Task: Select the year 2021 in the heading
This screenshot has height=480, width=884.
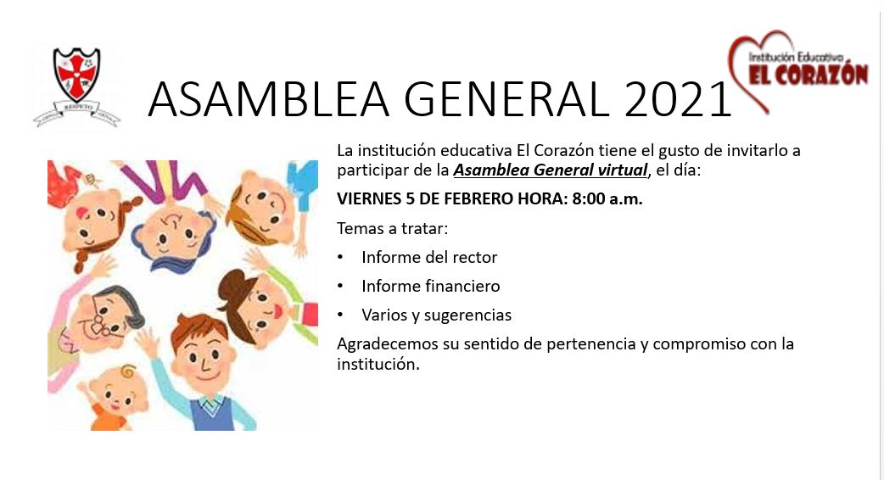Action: coord(678,99)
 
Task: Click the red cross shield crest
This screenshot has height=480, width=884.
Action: coord(76,74)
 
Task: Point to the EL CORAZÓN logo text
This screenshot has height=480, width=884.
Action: coord(808,75)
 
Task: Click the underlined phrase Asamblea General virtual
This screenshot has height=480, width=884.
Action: coord(551,170)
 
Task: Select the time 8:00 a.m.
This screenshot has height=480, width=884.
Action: coord(607,199)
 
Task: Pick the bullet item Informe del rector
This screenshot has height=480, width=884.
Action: coord(429,258)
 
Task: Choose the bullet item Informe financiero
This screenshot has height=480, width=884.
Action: coord(431,286)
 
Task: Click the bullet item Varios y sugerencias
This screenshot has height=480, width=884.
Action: coord(436,315)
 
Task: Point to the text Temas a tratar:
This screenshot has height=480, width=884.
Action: coord(393,229)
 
